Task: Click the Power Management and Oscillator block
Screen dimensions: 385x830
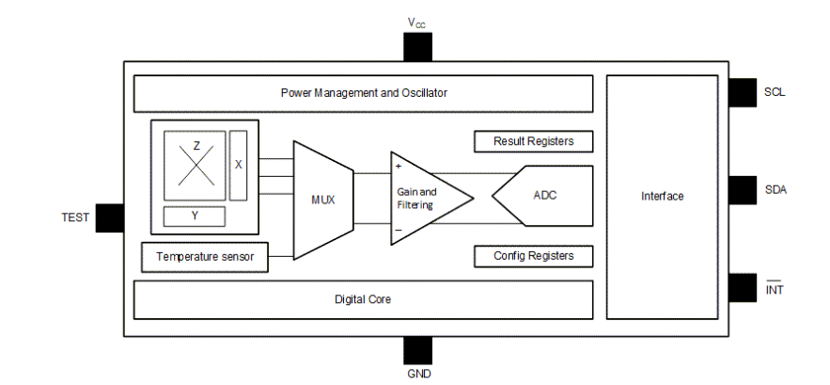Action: click(x=363, y=93)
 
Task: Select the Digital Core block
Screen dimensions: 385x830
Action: click(x=363, y=299)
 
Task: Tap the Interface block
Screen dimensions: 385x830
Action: click(x=663, y=196)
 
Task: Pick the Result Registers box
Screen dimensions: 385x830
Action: click(x=533, y=141)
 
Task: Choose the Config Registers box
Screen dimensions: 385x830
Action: click(x=533, y=255)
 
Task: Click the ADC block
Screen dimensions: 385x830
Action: click(x=545, y=196)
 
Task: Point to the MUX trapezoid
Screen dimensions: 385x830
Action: click(x=322, y=200)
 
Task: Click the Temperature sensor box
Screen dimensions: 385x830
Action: click(x=203, y=256)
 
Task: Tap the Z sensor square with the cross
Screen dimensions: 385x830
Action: click(x=196, y=165)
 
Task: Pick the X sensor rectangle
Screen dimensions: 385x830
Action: click(x=239, y=165)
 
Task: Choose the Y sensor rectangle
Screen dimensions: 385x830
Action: click(x=195, y=216)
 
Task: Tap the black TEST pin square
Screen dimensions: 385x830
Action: click(x=109, y=217)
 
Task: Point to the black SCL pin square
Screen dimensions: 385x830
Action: click(x=743, y=92)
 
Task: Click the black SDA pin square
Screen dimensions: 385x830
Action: click(x=743, y=189)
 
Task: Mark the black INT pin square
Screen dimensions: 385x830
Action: click(x=743, y=287)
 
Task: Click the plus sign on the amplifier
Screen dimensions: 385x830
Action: click(x=398, y=166)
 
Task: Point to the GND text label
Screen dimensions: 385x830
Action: click(x=418, y=374)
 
